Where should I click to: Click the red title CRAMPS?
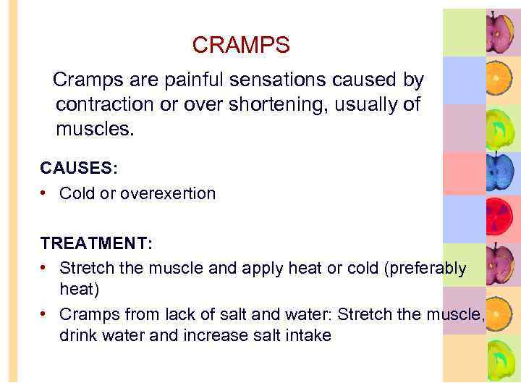coord(241,46)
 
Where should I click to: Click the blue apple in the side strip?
coord(499,172)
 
